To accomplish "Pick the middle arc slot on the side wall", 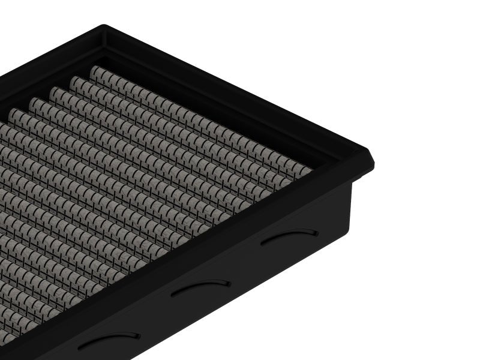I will point(200,287).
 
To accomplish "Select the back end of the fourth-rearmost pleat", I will point(35,101).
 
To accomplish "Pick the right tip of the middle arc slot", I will point(229,283).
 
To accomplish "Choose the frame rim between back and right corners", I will point(240,90).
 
